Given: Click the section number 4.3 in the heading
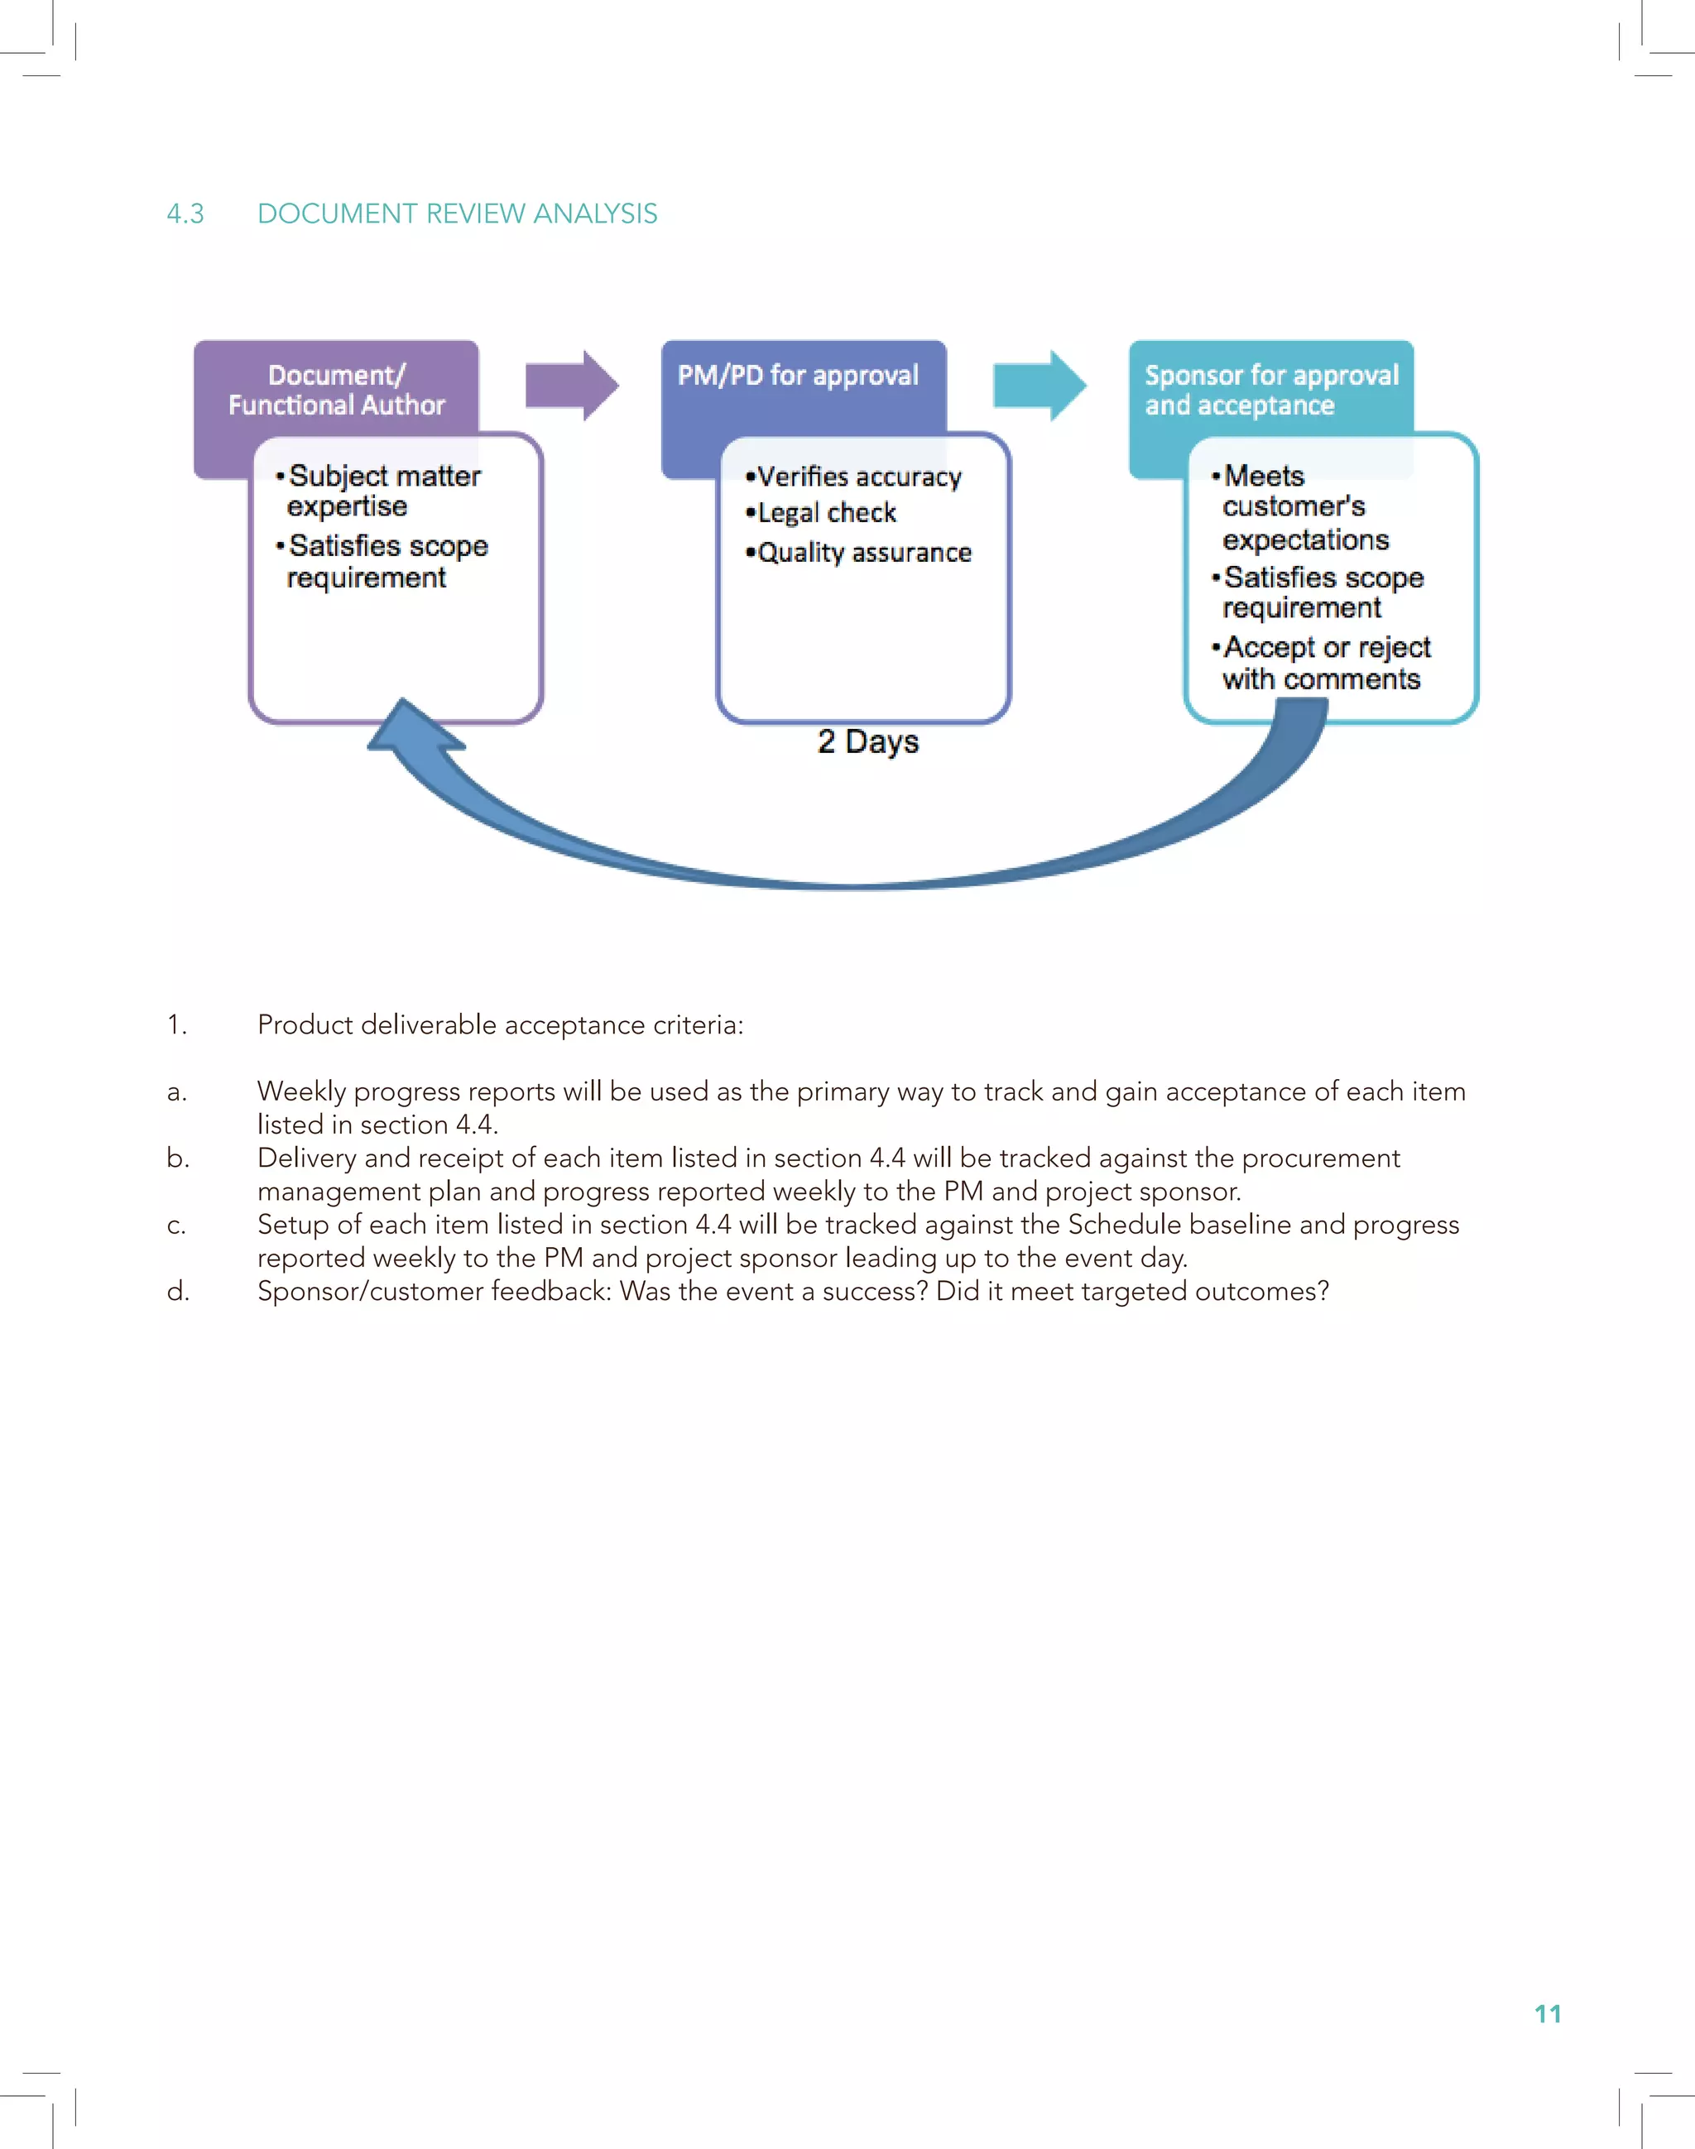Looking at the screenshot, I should pos(185,213).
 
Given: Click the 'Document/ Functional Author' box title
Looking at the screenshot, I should pos(336,390).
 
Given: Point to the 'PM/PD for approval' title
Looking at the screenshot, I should pos(798,375).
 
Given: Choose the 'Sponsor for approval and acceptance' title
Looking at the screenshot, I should pos(1270,390).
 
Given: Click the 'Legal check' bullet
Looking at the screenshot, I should pos(826,513).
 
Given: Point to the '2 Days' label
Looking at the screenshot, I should pos(868,741).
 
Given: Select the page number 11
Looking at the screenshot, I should pos(1547,2013).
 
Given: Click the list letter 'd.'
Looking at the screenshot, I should pos(178,1291).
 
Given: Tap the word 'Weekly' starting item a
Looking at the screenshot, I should pos(302,1091).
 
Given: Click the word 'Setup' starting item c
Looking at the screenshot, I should pos(293,1225).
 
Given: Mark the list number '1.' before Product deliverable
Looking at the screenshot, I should pos(176,1025).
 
